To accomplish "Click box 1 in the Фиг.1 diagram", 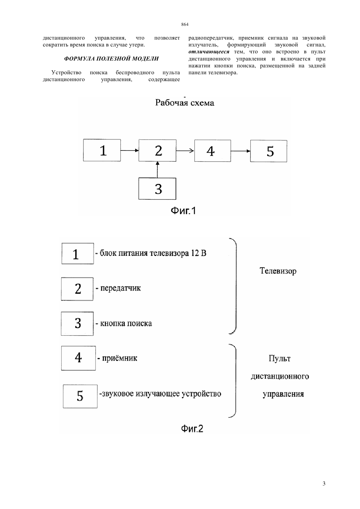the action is pos(102,150).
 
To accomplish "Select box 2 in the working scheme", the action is pos(157,150).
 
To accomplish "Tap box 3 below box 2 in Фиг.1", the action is pos(157,189).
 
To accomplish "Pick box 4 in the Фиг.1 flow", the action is pos(213,151).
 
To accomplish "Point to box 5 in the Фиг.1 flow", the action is pos(269,151).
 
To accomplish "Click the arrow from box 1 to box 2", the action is pos(130,150).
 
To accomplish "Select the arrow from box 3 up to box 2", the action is pos(157,169).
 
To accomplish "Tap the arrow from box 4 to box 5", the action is pos(241,151).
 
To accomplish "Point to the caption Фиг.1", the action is pos(183,211).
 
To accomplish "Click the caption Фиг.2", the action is pos(192,429).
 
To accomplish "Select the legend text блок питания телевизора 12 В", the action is pos(153,253).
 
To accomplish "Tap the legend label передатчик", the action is pos(120,288).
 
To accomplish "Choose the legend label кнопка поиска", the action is pos(126,323).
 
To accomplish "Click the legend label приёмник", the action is pos(119,358).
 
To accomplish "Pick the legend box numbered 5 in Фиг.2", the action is pos(80,396).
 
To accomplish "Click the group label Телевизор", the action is pos(278,271).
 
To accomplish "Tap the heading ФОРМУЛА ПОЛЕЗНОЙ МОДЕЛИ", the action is pos(111,59).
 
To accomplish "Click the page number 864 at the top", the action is pos(185,24).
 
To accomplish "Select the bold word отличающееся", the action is pos(209,52).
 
